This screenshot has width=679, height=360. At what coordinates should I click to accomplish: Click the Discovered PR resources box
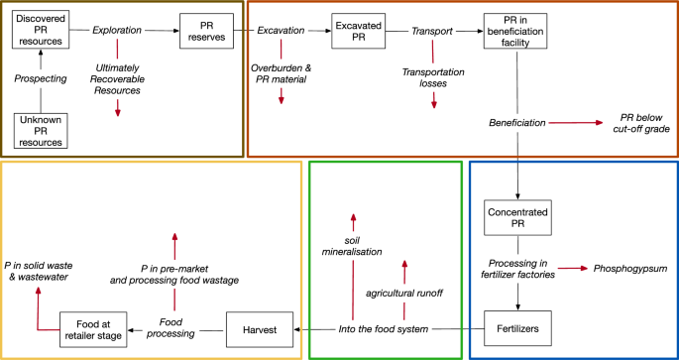point(40,32)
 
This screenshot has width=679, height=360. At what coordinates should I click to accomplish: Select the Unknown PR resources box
point(40,129)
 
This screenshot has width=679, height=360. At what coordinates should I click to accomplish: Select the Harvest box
point(259,328)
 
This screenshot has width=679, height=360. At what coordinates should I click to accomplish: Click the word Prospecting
point(41,77)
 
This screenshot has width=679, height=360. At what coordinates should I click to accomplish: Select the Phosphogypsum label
point(631,268)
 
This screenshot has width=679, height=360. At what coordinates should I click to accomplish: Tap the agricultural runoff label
point(403,295)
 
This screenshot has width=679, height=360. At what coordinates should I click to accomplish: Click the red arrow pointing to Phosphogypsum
point(572,268)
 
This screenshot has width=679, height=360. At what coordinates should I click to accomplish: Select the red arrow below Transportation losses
point(433,100)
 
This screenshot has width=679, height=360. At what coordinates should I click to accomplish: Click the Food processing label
point(177,328)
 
